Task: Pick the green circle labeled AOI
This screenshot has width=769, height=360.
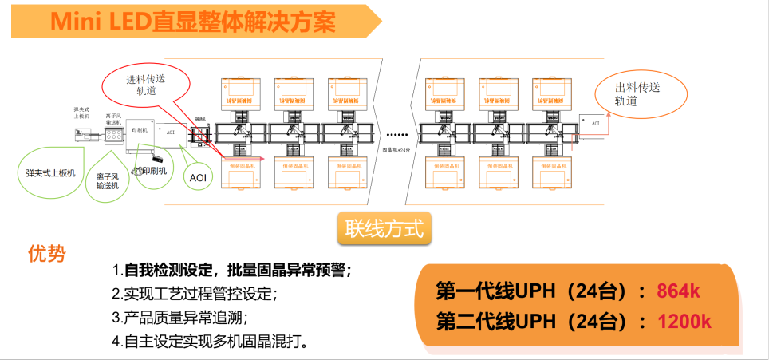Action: click(x=196, y=176)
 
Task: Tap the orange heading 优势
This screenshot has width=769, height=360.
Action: click(x=47, y=255)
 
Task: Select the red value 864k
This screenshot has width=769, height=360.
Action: click(x=678, y=291)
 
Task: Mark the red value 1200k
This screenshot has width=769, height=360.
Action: click(x=684, y=321)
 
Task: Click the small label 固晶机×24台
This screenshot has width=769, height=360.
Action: click(x=396, y=148)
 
